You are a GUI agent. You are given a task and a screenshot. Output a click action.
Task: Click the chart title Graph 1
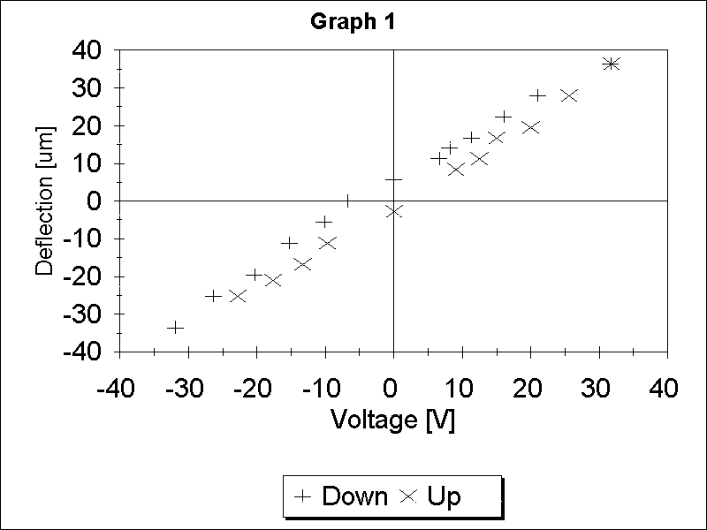tap(352, 23)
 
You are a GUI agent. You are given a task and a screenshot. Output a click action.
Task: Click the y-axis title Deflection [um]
tap(45, 201)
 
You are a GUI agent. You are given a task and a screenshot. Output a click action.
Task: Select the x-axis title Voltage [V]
tap(392, 420)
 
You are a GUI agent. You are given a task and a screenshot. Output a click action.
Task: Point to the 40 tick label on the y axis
tap(86, 50)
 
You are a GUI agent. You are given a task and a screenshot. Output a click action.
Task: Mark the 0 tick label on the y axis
tap(96, 201)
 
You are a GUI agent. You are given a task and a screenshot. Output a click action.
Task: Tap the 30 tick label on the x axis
tap(597, 389)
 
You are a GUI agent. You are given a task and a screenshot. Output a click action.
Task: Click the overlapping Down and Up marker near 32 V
tap(611, 64)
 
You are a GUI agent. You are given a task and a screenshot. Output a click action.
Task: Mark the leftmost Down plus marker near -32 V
tap(176, 328)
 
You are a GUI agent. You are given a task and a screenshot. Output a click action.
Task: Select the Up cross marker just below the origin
tap(394, 211)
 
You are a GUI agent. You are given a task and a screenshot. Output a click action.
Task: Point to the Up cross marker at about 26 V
tap(569, 95)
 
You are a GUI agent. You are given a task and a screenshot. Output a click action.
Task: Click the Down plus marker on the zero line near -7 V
tap(348, 201)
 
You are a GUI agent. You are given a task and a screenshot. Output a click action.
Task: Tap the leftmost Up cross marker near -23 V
tap(238, 296)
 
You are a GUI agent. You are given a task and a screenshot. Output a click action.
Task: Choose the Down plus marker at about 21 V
tap(538, 95)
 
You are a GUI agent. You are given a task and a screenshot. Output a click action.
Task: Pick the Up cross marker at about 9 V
tap(456, 170)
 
